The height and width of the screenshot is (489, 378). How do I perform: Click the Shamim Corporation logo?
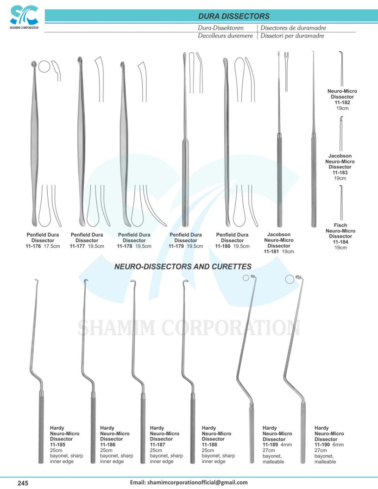24,17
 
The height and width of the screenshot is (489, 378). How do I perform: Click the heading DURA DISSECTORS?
234,16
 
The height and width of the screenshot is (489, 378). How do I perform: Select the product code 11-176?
33,246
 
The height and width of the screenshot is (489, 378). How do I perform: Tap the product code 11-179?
176,246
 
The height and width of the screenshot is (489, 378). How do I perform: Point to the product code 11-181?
271,251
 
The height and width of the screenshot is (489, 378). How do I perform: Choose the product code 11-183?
340,172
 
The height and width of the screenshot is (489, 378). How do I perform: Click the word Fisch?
340,225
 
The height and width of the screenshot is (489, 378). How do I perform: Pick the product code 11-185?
58,445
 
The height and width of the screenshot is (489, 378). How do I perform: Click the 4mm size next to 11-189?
286,445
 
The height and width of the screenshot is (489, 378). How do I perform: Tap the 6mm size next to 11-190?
338,445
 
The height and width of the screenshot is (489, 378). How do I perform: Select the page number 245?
23,483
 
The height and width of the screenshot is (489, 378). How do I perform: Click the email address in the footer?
189,483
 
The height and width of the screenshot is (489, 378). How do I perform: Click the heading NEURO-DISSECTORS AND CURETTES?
183,267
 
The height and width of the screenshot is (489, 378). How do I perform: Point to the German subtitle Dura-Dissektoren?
221,28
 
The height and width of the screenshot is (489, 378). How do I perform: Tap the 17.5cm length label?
52,246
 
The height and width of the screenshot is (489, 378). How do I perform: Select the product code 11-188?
209,445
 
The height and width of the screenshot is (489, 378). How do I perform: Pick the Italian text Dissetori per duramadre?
292,36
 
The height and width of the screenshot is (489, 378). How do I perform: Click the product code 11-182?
342,102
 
